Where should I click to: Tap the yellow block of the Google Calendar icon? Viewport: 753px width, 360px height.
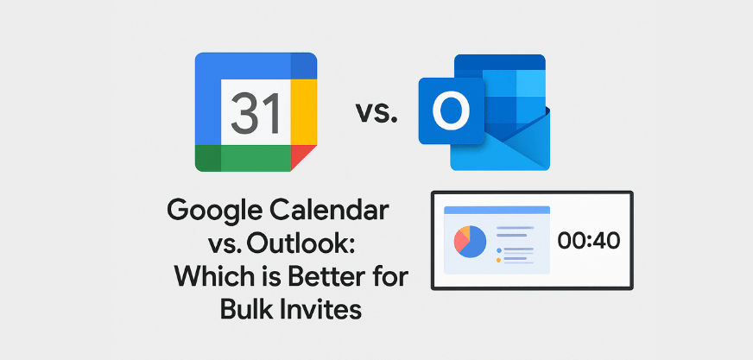303,112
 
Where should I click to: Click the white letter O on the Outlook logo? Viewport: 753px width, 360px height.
451,111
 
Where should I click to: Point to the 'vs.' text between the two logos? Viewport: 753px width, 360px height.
376,113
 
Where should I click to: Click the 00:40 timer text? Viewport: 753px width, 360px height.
589,241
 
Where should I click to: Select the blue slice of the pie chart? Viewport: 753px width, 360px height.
474,242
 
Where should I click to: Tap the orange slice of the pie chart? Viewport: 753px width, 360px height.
465,231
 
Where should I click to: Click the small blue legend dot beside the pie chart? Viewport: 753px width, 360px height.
498,250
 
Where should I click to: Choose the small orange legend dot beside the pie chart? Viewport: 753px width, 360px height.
498,260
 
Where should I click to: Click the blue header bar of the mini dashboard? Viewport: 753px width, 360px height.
497,210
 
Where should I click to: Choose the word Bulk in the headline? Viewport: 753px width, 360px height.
243,310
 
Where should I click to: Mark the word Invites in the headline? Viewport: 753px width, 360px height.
319,310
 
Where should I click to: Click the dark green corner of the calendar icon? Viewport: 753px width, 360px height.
208,158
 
